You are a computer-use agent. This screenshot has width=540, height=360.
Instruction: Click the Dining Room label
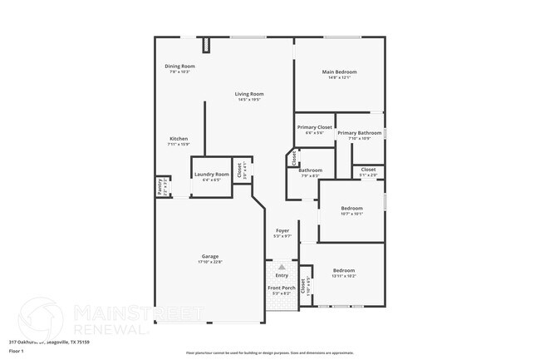(x=179, y=66)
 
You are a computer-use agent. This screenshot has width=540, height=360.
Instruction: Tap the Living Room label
(x=249, y=94)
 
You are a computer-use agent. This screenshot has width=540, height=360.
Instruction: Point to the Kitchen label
(x=179, y=138)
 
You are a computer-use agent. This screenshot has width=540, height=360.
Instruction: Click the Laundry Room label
(x=211, y=174)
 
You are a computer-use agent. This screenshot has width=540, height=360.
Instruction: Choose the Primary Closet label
(x=314, y=127)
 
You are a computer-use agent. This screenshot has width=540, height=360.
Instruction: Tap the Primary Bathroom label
(x=359, y=133)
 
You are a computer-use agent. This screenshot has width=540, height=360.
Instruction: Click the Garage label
(x=210, y=256)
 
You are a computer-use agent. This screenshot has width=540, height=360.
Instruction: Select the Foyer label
(x=282, y=230)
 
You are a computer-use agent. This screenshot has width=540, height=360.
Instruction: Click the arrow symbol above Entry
(x=282, y=267)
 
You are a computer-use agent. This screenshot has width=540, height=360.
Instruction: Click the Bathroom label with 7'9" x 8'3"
(x=310, y=170)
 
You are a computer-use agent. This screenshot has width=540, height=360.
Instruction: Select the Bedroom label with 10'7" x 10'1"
(x=351, y=208)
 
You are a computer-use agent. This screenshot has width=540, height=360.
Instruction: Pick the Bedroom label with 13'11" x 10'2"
(x=344, y=270)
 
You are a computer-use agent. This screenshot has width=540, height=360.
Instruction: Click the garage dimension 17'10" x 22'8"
(x=210, y=262)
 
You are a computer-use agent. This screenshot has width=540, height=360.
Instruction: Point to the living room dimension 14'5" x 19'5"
(x=249, y=100)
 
